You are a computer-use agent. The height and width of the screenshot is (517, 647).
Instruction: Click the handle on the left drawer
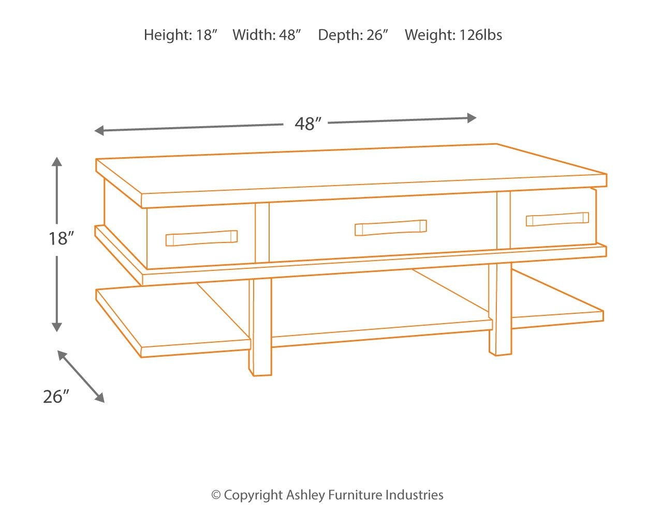tap(201, 238)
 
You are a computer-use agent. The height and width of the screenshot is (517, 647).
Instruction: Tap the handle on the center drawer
tap(391, 228)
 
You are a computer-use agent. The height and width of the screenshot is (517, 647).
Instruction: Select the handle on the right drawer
tap(557, 219)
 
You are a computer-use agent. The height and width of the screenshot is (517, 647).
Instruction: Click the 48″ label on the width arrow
tap(308, 124)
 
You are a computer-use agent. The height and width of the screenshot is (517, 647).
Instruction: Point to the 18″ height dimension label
tap(61, 238)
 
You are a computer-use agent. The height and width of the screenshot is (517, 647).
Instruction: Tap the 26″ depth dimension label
tap(56, 397)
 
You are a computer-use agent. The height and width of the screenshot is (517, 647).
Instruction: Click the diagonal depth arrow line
tap(81, 376)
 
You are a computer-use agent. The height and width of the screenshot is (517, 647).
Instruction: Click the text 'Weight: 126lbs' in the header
tap(453, 35)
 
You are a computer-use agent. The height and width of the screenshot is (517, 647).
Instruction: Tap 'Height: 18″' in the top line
tap(180, 35)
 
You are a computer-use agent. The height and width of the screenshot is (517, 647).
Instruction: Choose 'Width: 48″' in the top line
tap(267, 35)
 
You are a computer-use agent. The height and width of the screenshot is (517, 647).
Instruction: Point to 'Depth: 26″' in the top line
tap(353, 35)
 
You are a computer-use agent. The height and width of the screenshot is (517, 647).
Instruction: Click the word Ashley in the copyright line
tap(305, 495)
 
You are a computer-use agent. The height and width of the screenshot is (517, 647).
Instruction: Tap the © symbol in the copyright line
tap(216, 495)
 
